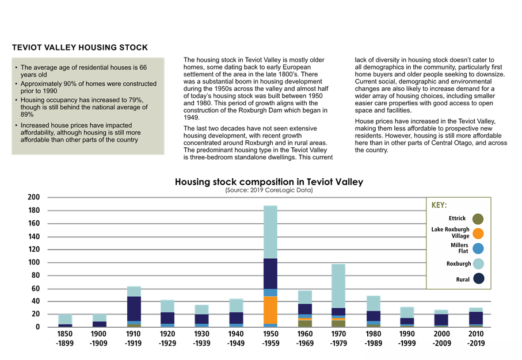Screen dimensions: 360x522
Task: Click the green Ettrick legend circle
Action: coord(477,219)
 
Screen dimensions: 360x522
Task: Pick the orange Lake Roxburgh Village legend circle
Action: coord(477,233)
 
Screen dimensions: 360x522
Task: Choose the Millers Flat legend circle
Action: coord(477,248)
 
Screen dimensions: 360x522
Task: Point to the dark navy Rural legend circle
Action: coord(477,280)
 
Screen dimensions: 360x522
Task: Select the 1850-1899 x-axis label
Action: coord(66,339)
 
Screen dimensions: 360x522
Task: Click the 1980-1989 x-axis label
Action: coord(373,339)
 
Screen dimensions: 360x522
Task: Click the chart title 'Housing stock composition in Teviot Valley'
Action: coord(269,182)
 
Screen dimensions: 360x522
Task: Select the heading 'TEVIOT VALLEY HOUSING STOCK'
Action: coord(79,47)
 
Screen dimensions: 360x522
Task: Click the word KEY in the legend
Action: coord(439,205)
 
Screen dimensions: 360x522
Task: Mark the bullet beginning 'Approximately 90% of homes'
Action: coord(88,87)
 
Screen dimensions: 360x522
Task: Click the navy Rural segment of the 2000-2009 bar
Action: coord(441,320)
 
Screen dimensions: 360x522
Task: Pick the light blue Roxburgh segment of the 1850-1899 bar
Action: coord(66,319)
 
